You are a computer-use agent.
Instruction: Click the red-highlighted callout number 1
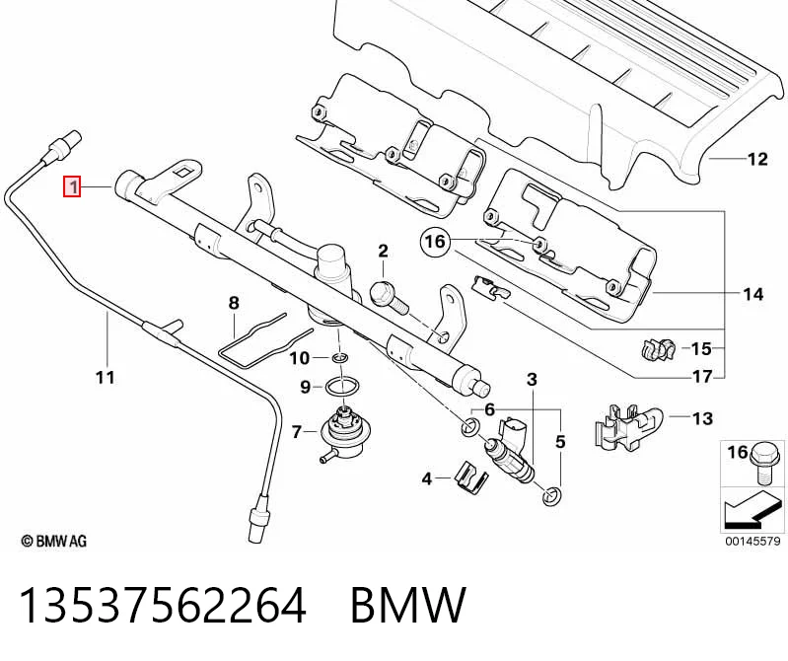point(72,187)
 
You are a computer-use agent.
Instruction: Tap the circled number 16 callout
point(435,242)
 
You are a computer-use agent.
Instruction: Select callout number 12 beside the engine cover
point(757,159)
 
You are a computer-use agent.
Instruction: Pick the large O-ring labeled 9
point(342,388)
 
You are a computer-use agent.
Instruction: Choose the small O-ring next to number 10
point(339,358)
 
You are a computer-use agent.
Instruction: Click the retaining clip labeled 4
point(470,477)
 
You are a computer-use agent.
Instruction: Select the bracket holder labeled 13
point(627,427)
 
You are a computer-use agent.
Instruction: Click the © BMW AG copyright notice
point(54,541)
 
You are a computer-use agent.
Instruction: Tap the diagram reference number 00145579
point(752,541)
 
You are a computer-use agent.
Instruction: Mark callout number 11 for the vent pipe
point(105,377)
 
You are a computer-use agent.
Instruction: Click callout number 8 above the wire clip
point(234,303)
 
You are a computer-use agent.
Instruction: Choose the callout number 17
point(702,376)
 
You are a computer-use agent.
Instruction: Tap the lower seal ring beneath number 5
point(552,496)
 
